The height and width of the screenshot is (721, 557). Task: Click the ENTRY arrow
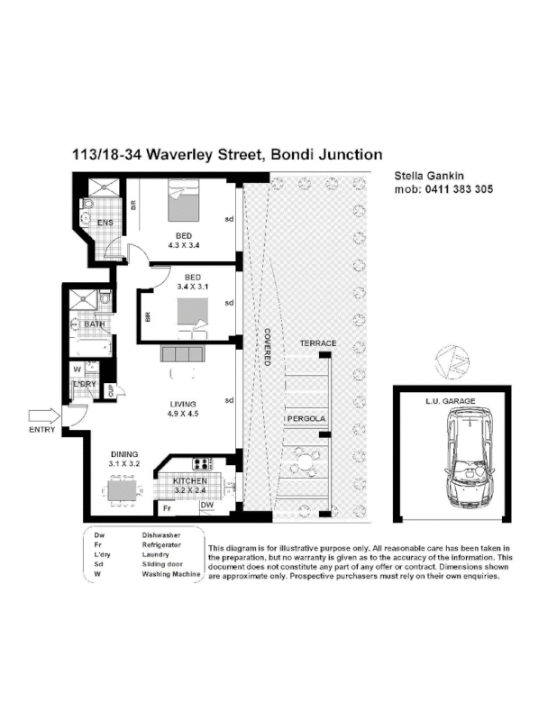(42, 415)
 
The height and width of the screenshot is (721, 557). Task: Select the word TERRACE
(317, 343)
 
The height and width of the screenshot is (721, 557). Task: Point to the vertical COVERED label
(268, 343)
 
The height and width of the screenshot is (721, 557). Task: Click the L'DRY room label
(84, 385)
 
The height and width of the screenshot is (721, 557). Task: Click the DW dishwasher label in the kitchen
(206, 507)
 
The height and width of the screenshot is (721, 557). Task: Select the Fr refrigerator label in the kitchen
(167, 507)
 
